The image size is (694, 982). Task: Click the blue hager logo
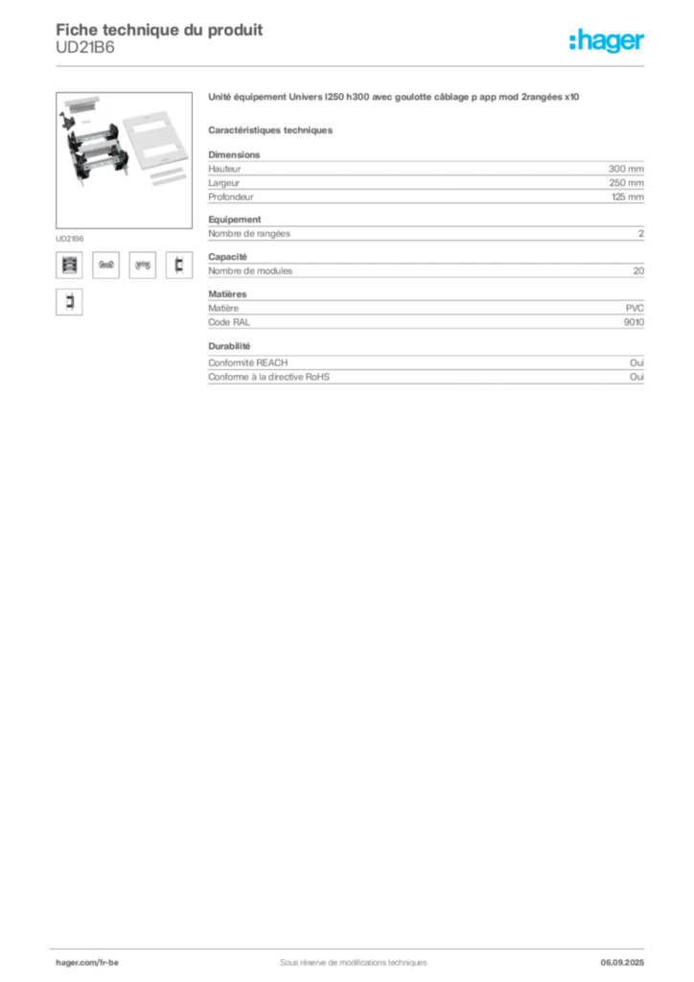[x=609, y=42]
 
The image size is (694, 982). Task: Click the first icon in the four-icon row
[x=67, y=266]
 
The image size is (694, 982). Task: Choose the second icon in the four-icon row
[x=105, y=266]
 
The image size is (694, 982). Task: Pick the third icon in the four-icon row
[x=142, y=266]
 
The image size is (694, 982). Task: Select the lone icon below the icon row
[x=68, y=303]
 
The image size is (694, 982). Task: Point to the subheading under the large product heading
[x=272, y=129]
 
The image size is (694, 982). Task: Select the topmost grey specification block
[x=426, y=178]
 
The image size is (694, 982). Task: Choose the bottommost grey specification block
[x=426, y=372]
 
